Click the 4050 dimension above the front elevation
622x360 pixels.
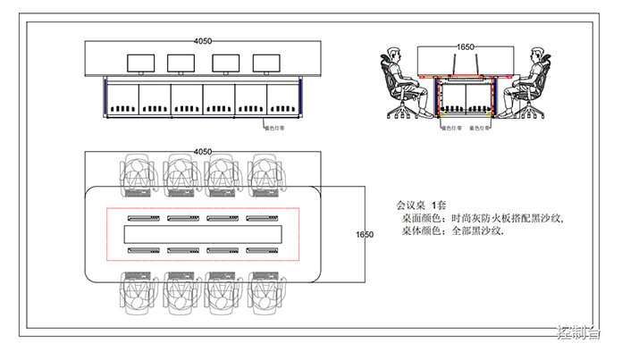[203, 40]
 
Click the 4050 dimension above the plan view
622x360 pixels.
[203, 152]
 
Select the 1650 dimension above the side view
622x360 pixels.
[465, 46]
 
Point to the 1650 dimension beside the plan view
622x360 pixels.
[364, 234]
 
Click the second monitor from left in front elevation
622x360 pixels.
[182, 63]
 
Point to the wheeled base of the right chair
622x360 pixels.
[534, 112]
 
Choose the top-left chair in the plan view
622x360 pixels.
[139, 171]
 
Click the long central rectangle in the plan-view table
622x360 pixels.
[203, 234]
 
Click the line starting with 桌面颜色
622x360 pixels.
[483, 218]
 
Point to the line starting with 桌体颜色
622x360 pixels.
[453, 230]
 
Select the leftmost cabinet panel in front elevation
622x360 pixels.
[122, 100]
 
